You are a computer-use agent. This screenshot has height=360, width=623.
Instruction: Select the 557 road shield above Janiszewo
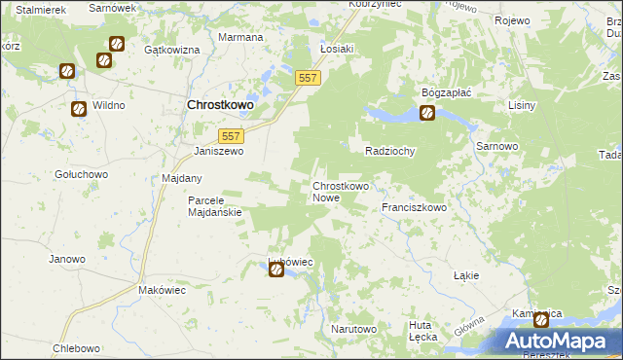(231, 137)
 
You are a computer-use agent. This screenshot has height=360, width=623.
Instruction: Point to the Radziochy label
(390, 152)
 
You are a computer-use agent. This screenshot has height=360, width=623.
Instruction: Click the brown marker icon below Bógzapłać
(427, 114)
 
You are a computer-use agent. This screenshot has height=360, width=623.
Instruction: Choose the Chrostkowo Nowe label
(340, 192)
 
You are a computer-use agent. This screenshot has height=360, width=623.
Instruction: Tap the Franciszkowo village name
(414, 207)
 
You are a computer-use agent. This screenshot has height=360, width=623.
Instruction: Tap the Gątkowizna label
(171, 49)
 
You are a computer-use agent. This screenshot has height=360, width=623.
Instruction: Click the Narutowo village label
(353, 329)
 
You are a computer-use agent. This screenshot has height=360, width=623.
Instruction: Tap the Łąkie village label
(466, 275)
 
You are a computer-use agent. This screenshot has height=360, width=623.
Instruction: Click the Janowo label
(67, 259)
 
